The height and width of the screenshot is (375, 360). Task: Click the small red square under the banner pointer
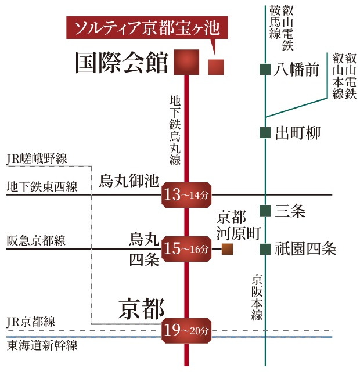(216, 67)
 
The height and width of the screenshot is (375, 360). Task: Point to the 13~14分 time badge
(186, 195)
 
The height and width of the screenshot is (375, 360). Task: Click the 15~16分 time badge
(186, 250)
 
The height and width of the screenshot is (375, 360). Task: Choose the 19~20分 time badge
(186, 331)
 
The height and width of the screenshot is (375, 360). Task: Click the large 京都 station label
(142, 308)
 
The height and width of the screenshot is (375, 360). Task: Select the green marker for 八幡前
(265, 70)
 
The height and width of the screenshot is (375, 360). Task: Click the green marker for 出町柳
(265, 133)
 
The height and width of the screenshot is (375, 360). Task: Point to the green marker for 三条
(265, 211)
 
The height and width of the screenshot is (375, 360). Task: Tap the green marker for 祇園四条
(265, 250)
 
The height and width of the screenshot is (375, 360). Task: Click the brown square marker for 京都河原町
(227, 250)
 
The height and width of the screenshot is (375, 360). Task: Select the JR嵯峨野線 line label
(37, 158)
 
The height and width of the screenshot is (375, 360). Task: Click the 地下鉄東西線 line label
(41, 187)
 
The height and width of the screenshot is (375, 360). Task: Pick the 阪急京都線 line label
(36, 241)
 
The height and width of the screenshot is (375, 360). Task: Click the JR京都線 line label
(30, 323)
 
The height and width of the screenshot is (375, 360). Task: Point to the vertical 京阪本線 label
(257, 297)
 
